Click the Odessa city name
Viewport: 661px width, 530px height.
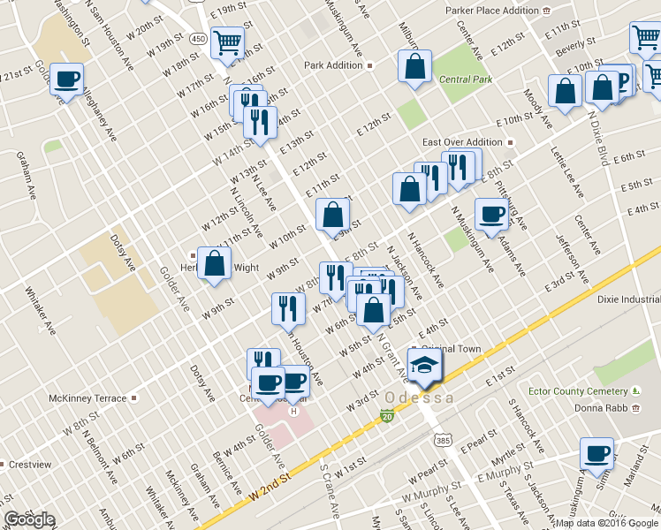[420, 398]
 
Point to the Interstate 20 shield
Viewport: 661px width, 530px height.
[387, 415]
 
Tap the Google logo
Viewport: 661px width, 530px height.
[29, 519]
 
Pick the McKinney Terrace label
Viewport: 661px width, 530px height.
[88, 398]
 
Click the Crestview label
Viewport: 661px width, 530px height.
[29, 464]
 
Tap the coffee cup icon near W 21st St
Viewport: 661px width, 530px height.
[67, 79]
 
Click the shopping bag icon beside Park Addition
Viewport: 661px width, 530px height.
[414, 66]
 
